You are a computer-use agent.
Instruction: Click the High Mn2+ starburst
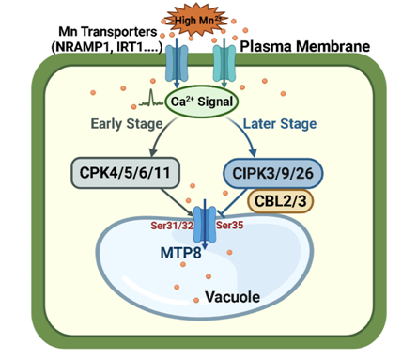194,20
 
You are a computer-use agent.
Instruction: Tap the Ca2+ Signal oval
202,102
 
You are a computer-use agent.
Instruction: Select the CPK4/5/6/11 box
125,173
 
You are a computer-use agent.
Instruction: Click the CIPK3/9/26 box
272,174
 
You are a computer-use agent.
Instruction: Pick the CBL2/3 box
280,201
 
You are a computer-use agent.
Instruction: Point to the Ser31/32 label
172,226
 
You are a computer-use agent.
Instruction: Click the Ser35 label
229,225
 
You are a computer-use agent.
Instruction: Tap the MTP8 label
180,253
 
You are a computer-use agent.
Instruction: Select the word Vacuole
232,297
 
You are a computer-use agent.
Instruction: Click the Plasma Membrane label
305,46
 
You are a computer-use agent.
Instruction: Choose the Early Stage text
127,124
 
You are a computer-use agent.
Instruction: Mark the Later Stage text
280,123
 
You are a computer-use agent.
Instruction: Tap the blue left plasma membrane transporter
177,62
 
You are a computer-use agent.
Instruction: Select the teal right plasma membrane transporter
224,62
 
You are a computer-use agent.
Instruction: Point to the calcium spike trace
151,99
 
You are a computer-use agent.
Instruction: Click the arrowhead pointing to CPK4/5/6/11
153,152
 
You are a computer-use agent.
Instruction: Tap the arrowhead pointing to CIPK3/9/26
254,152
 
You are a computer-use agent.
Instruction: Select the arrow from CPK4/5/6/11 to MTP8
178,202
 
